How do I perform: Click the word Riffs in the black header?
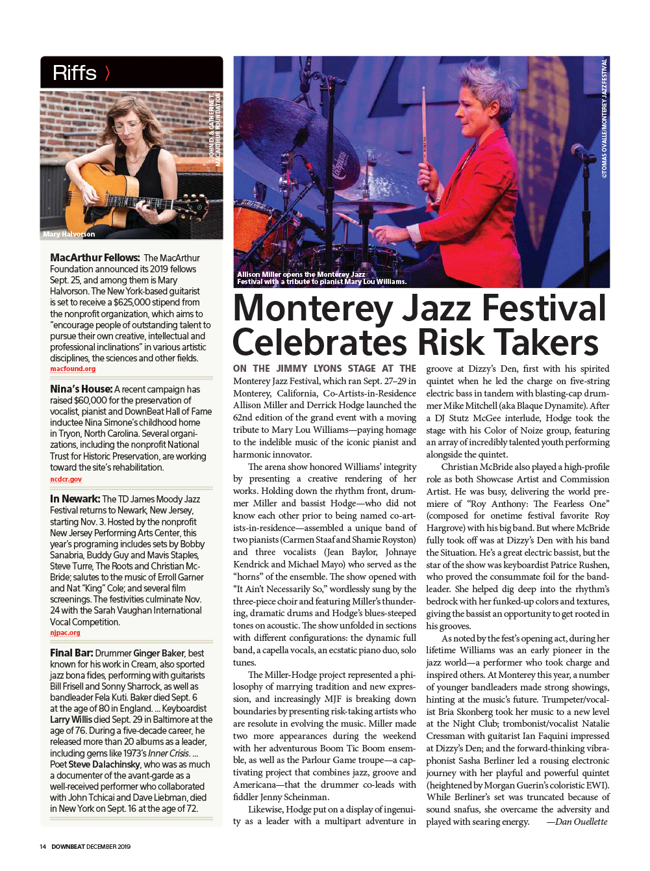click(x=74, y=73)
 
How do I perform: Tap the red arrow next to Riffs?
click(x=107, y=73)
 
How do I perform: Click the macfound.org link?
click(x=73, y=369)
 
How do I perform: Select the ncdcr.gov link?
click(x=66, y=479)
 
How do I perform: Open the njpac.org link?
click(x=66, y=632)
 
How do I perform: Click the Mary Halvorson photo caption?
click(x=69, y=234)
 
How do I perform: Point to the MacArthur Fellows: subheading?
click(x=95, y=258)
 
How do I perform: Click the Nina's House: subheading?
click(x=81, y=389)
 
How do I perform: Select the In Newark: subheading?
click(x=75, y=499)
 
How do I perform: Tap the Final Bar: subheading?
click(x=71, y=653)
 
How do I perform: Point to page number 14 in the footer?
click(x=43, y=846)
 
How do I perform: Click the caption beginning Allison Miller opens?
click(x=321, y=278)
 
